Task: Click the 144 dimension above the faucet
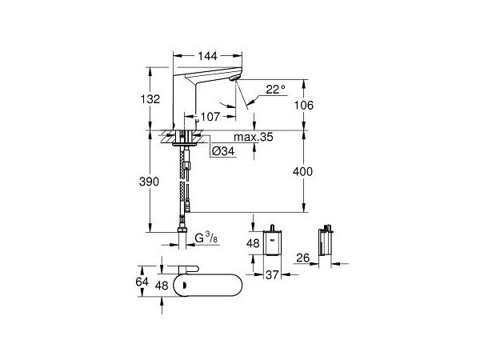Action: (208, 58)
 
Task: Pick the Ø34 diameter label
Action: (222, 150)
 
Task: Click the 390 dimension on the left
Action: (160, 182)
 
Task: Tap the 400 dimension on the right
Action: (318, 171)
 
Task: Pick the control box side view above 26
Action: (326, 243)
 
